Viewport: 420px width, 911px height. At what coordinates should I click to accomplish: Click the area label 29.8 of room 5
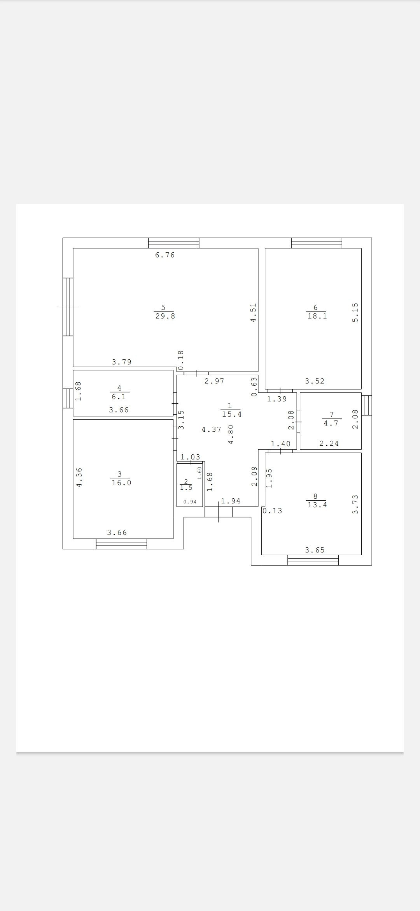165,316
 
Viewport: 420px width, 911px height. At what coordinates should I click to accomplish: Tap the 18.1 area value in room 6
317,316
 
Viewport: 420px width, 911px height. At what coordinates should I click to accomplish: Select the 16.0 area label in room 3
121,483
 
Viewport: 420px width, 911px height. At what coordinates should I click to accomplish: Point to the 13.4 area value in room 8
317,505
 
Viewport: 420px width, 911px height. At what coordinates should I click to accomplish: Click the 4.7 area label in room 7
331,423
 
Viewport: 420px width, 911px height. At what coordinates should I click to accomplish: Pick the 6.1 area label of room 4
119,397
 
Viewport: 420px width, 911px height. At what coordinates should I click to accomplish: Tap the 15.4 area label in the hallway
232,414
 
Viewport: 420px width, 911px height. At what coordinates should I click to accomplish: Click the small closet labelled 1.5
186,488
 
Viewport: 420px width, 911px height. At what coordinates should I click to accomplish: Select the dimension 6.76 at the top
165,255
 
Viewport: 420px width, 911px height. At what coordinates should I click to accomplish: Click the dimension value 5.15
355,313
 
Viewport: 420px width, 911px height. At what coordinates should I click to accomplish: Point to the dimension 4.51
253,313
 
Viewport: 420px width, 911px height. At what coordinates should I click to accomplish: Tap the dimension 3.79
122,362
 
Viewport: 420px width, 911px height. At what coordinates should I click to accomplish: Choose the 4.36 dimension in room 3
79,477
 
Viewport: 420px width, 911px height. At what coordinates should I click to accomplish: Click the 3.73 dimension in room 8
355,504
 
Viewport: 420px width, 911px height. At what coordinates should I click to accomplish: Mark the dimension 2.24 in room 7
329,443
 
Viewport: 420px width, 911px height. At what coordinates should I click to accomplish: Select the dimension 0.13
273,511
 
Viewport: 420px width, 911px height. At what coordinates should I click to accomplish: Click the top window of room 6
317,243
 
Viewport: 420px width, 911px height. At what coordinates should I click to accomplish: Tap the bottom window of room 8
313,560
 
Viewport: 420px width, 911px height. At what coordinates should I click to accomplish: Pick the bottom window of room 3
121,544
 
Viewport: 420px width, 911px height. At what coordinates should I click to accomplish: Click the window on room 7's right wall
367,405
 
